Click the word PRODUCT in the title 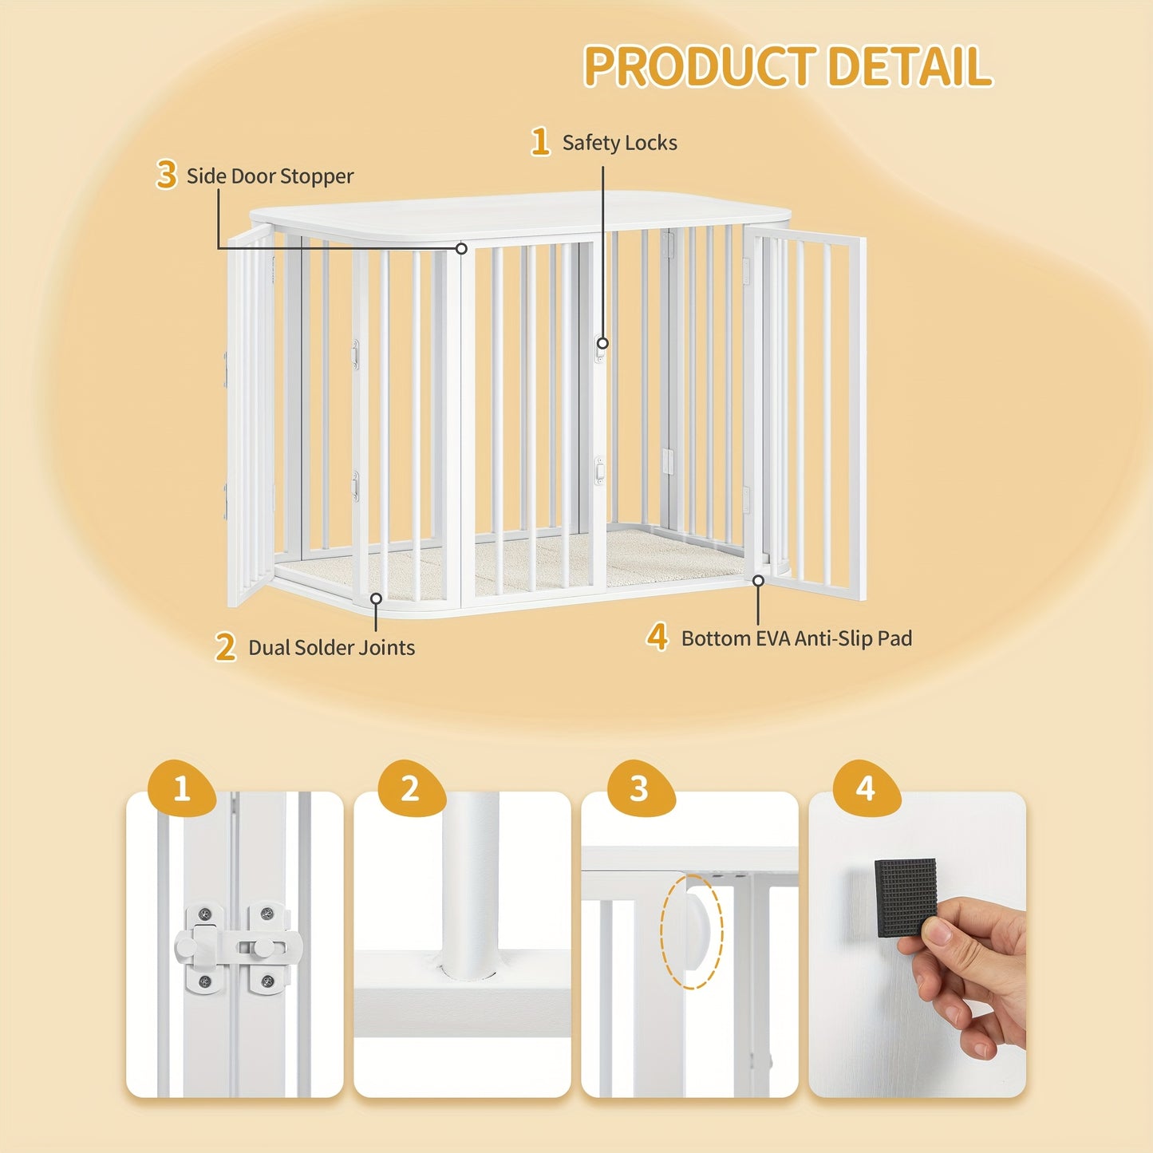click(x=700, y=65)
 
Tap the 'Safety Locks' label click(x=619, y=143)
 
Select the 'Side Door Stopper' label click(x=270, y=176)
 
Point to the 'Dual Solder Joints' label click(x=331, y=647)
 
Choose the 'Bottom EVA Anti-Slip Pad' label click(x=796, y=638)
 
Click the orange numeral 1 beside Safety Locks click(x=540, y=142)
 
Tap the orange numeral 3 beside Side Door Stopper click(x=166, y=175)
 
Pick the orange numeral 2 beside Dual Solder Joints click(x=226, y=647)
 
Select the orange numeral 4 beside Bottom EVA click(x=657, y=637)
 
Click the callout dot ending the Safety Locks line click(x=602, y=343)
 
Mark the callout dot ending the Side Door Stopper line click(x=461, y=247)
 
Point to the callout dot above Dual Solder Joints click(x=376, y=598)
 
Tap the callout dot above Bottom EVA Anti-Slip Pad click(x=758, y=580)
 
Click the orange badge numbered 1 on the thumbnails click(x=181, y=788)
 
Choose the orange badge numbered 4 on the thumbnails click(x=866, y=788)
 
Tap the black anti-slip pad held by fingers click(x=906, y=898)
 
